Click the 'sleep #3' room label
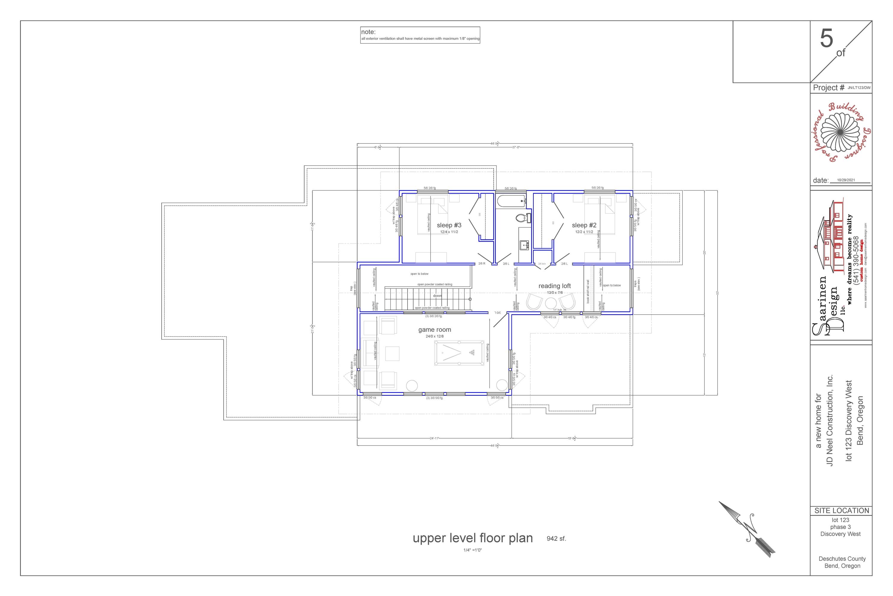click(449, 225)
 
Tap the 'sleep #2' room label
click(584, 225)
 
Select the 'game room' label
click(435, 330)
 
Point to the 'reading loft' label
click(554, 286)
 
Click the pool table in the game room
click(459, 353)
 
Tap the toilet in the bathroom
click(523, 218)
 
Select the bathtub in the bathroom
click(511, 201)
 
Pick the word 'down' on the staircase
click(437, 295)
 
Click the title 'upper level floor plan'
click(473, 538)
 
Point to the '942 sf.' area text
click(556, 538)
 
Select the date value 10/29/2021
click(846, 180)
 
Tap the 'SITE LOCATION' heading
click(842, 510)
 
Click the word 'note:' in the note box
click(368, 32)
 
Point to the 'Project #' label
click(828, 88)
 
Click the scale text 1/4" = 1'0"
click(472, 550)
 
